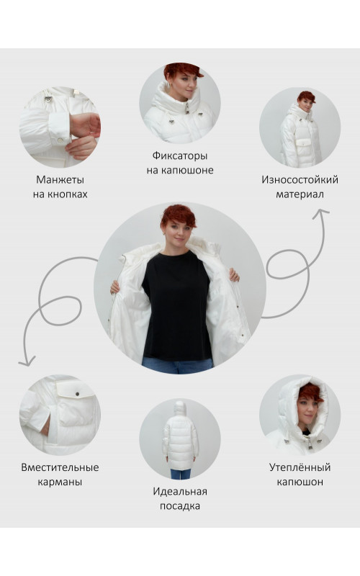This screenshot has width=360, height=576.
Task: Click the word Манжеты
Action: pos(60,179)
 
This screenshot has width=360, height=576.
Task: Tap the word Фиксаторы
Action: pos(180,156)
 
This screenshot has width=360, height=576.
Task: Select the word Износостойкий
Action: pos(300,179)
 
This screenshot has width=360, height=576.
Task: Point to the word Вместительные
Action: pos(60,467)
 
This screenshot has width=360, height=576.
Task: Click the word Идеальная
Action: pos(180,491)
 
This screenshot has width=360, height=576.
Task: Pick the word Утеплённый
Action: pos(300,467)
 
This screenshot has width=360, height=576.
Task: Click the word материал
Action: pos(300,194)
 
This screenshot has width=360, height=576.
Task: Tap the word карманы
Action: pos(60,482)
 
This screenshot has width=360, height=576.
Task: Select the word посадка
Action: pos(180,506)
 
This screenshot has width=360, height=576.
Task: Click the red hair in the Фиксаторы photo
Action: pos(183,70)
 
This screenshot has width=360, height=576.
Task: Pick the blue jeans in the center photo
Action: pos(177,365)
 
